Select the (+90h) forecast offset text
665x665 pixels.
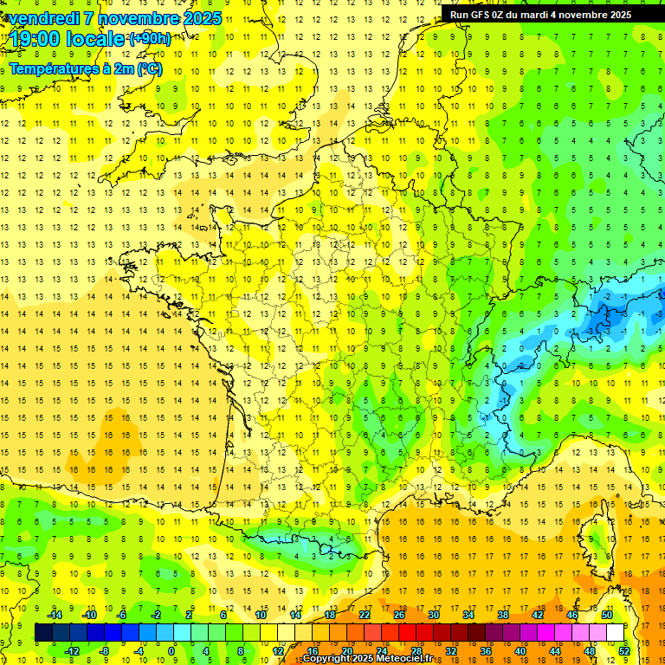(149, 39)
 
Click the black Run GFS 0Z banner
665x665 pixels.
(540, 15)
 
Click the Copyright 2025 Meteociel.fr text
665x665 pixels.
(367, 659)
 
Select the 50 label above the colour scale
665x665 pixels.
(607, 615)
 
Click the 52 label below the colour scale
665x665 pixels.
(623, 650)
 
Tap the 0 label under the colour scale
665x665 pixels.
(171, 650)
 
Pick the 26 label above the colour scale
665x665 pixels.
(398, 615)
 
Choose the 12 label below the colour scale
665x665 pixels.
(277, 650)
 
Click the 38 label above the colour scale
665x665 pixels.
(502, 615)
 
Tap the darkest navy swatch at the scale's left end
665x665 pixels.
(43, 633)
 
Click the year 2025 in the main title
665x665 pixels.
(197, 18)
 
